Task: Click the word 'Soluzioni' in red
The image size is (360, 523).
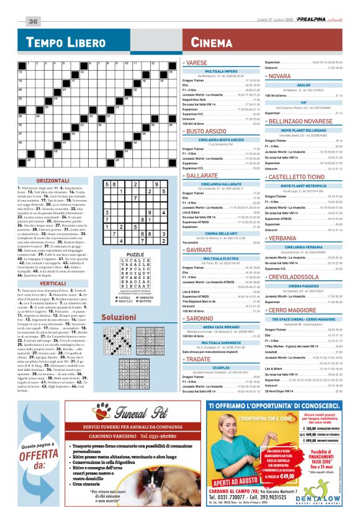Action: pyautogui.click(x=119, y=317)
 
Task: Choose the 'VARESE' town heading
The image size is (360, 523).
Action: pyautogui.click(x=197, y=63)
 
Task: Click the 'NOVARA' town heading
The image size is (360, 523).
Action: pyautogui.click(x=279, y=76)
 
